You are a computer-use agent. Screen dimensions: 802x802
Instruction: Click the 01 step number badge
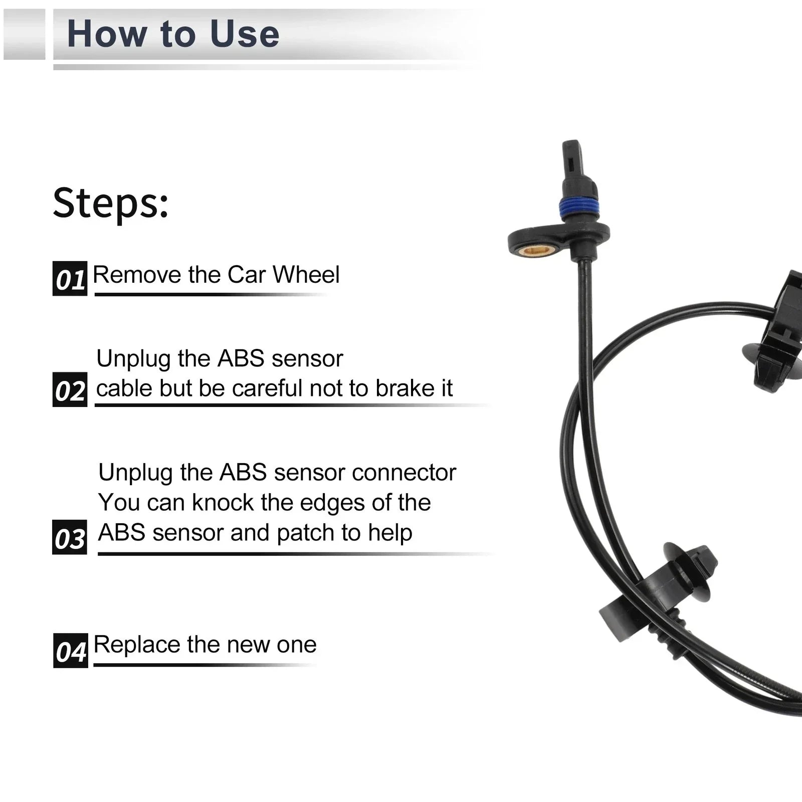pyautogui.click(x=70, y=278)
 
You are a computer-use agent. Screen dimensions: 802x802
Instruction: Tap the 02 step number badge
pyautogui.click(x=70, y=389)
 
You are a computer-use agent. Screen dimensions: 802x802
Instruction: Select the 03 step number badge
pyautogui.click(x=70, y=537)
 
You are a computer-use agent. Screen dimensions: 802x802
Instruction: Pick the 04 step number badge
pyautogui.click(x=71, y=651)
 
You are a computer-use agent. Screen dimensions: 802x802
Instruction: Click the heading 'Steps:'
pyautogui.click(x=111, y=203)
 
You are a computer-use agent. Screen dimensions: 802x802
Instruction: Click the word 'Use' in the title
pyautogui.click(x=244, y=34)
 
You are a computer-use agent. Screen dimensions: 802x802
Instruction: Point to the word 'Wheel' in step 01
pyautogui.click(x=306, y=275)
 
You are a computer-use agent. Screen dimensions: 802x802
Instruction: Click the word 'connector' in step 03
pyautogui.click(x=404, y=472)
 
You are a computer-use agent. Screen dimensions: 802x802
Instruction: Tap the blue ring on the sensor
pyautogui.click(x=578, y=208)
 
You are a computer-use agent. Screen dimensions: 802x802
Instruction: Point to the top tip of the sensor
pyautogui.click(x=571, y=142)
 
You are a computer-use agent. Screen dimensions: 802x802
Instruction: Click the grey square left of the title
pyautogui.click(x=24, y=34)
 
